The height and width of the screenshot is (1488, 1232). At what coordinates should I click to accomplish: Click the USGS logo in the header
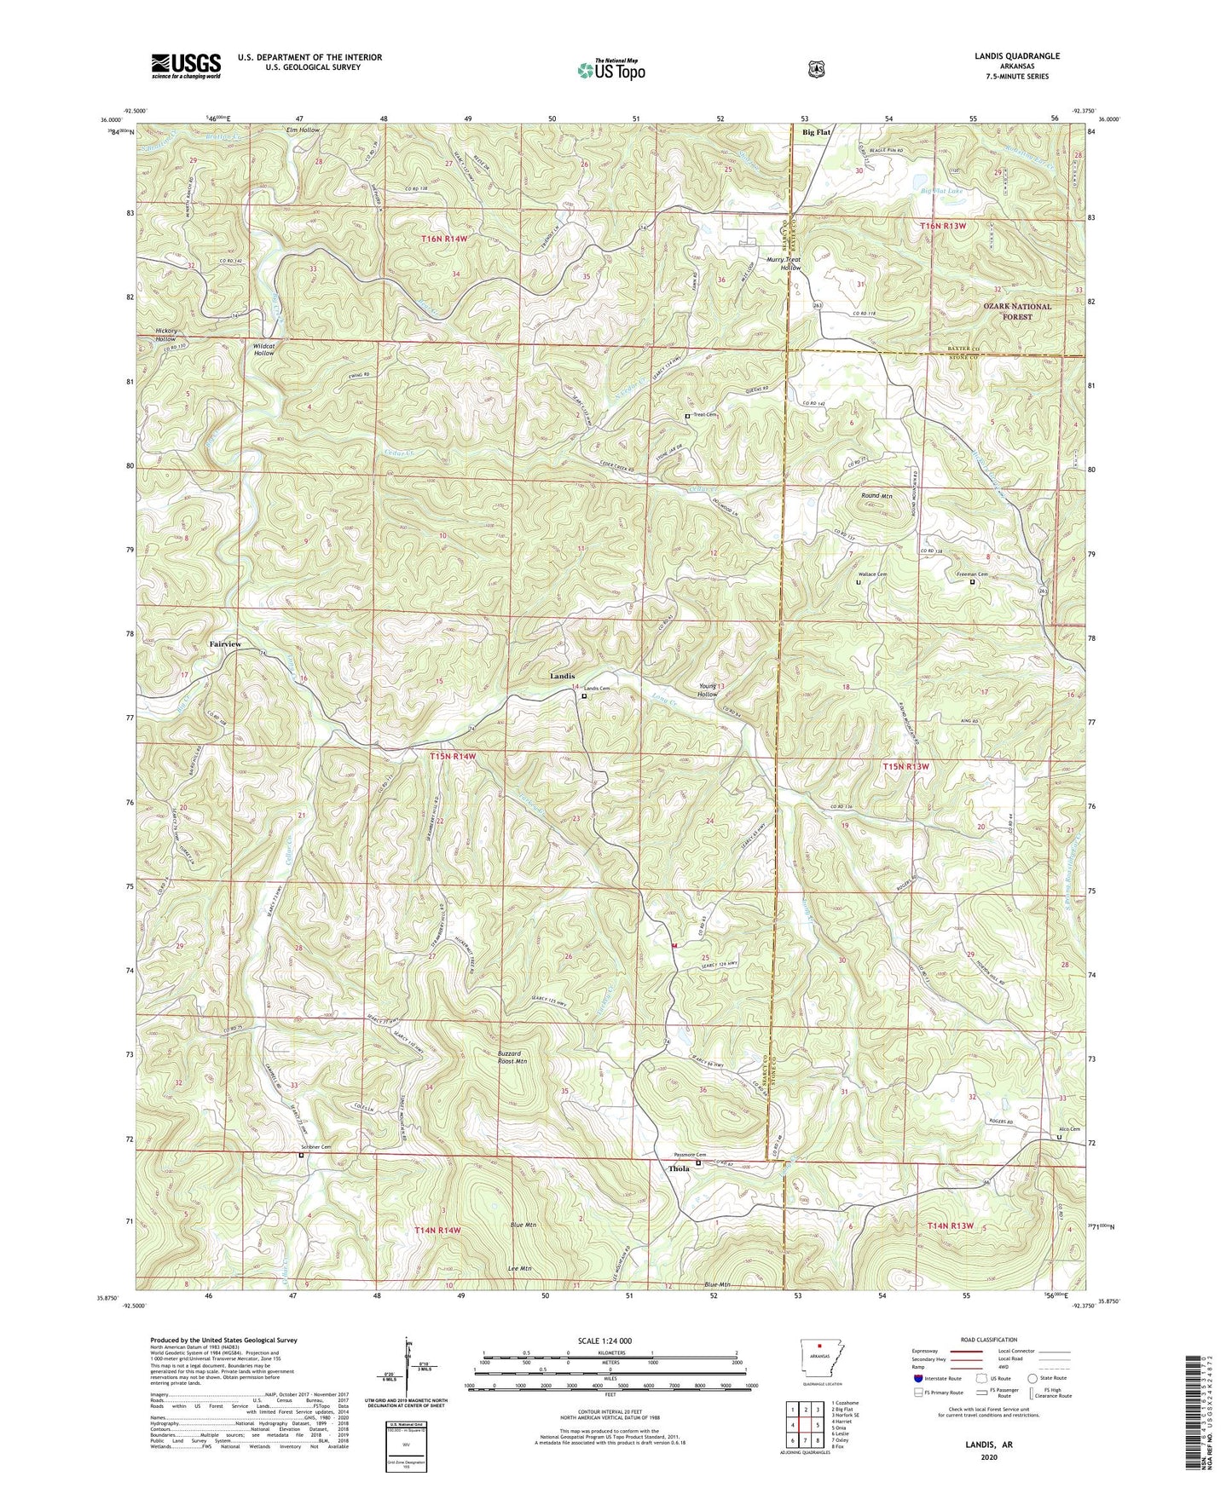[186, 66]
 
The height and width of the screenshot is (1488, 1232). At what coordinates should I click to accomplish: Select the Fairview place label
[225, 643]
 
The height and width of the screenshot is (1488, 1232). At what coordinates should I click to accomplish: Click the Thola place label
[679, 1168]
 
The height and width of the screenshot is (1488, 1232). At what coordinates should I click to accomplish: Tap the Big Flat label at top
[816, 133]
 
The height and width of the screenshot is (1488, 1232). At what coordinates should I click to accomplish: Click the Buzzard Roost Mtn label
[512, 1058]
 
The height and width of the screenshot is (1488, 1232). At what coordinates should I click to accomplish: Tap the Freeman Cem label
[971, 574]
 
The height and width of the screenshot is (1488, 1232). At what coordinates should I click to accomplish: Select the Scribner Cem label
[315, 1148]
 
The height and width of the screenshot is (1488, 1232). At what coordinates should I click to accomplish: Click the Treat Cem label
[705, 415]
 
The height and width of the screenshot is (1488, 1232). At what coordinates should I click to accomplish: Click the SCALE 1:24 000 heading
[609, 1341]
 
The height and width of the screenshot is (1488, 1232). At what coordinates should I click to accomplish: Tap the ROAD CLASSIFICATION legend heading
[988, 1340]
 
